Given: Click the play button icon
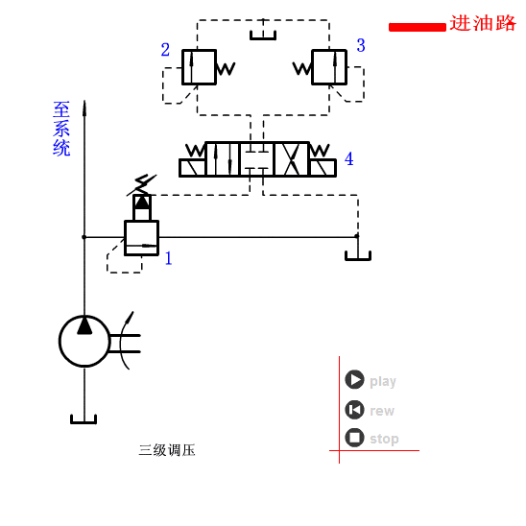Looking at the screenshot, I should (354, 380).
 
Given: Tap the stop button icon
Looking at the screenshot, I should (354, 438).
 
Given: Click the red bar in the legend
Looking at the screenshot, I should (417, 27).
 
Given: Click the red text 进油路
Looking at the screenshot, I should (483, 23).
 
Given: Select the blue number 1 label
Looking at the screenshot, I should (168, 258).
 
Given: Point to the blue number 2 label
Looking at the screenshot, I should (165, 50).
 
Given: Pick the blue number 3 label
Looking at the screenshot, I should (361, 45).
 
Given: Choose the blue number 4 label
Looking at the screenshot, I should (348, 159).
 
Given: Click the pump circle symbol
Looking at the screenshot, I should (84, 341).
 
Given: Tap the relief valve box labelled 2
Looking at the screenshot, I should (199, 67).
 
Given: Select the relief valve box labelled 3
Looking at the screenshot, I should (329, 67).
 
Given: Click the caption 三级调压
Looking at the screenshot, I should (167, 450).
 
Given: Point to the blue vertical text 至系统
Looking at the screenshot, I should (61, 129).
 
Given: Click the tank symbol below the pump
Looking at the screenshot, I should (84, 418).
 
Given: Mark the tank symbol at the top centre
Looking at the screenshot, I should (263, 36).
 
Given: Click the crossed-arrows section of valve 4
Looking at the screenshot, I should (291, 159).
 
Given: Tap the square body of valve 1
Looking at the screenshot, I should (141, 238).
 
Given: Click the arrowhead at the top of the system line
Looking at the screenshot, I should (84, 107).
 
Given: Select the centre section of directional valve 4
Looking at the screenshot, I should (256, 159).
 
